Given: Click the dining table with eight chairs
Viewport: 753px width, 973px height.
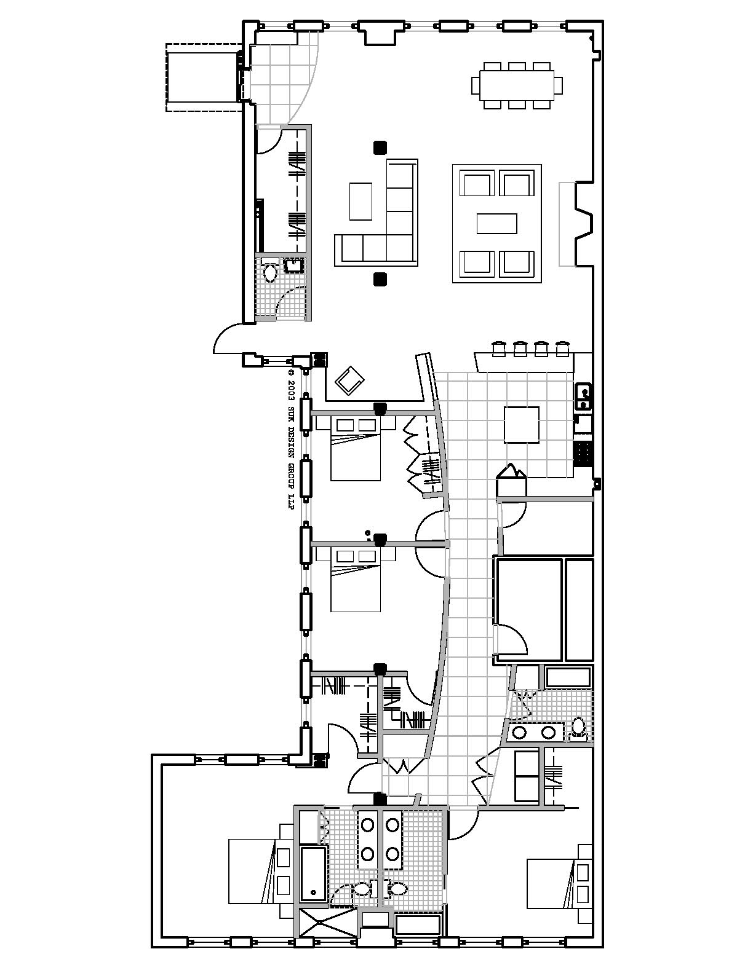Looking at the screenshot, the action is pos(517,85).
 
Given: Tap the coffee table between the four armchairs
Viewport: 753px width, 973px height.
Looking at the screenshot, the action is pos(496,223).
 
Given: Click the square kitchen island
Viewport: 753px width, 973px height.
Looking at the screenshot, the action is pos(522,424).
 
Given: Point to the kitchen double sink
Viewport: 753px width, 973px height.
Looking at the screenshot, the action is pos(583,396).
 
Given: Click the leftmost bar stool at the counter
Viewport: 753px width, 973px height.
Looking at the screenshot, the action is pos(499,349).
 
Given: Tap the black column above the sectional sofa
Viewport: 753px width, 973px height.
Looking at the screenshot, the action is pos(380,148).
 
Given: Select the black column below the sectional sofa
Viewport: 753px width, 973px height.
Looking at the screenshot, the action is pos(380,280).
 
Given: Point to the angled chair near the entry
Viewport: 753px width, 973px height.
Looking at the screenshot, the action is pos(349,380).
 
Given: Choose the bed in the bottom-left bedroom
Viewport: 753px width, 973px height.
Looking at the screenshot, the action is pos(252,870).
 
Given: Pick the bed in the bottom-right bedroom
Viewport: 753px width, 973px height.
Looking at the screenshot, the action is pos(551,883).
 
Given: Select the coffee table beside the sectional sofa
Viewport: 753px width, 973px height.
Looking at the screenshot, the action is pos(361,201).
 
